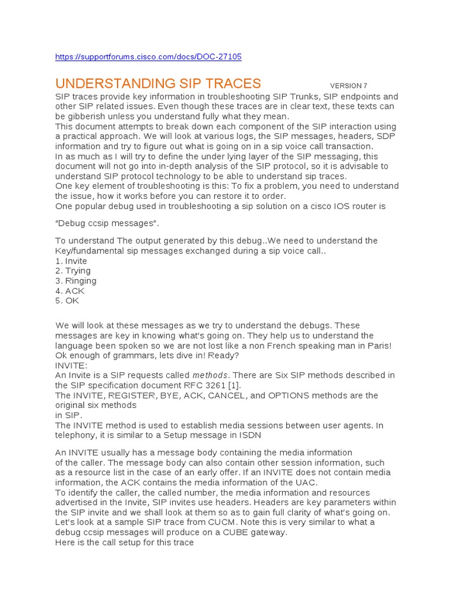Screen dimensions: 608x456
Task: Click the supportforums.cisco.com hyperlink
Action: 148,57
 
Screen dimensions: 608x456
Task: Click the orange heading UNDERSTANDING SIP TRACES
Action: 158,83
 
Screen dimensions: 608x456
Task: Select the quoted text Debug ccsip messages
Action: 107,223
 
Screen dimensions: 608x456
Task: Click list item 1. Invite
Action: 71,261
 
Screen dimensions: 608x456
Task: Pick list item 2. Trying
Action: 73,271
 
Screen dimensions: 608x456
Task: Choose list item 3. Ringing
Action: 75,281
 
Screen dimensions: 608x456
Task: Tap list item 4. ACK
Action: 70,291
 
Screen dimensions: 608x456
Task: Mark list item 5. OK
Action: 68,300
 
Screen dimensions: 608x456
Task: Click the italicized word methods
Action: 210,375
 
